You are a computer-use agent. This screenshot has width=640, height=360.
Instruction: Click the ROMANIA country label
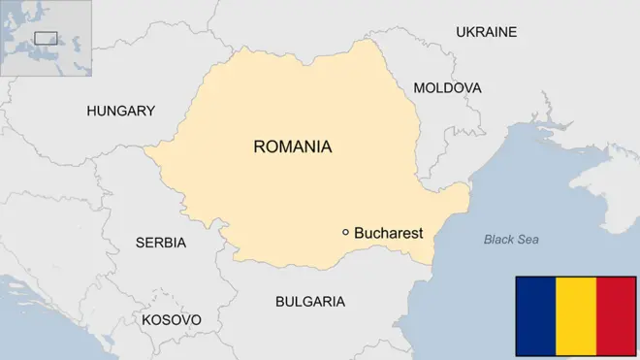click(x=292, y=147)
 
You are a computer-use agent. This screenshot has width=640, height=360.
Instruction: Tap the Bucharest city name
click(x=388, y=233)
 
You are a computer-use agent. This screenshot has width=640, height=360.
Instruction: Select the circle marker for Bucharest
click(x=345, y=232)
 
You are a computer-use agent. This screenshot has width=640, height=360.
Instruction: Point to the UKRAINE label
click(x=486, y=32)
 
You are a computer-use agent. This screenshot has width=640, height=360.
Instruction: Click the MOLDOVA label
click(x=447, y=88)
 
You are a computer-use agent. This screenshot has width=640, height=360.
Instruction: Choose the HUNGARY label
click(x=120, y=111)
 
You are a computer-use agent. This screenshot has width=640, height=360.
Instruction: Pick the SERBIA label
click(x=161, y=243)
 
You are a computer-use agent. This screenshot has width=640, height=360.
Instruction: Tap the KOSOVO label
click(x=172, y=319)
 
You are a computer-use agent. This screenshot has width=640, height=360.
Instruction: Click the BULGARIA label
click(x=310, y=302)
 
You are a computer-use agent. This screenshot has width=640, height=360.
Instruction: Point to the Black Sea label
click(x=511, y=240)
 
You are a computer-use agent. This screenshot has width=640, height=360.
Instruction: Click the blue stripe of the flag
click(x=534, y=315)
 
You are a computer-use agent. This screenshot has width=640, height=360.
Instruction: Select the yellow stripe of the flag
click(x=575, y=315)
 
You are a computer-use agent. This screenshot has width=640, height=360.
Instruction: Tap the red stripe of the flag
click(x=616, y=315)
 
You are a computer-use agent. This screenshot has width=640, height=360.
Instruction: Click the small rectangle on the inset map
click(x=46, y=38)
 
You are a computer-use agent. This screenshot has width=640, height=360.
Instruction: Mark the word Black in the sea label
click(x=498, y=240)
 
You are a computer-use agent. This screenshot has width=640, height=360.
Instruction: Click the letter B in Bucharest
click(x=360, y=233)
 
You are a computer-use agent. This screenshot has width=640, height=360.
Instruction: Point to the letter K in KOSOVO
click(x=146, y=319)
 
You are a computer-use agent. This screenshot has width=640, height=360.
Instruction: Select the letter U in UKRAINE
click(x=462, y=32)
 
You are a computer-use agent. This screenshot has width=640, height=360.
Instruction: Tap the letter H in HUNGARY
click(x=92, y=111)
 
